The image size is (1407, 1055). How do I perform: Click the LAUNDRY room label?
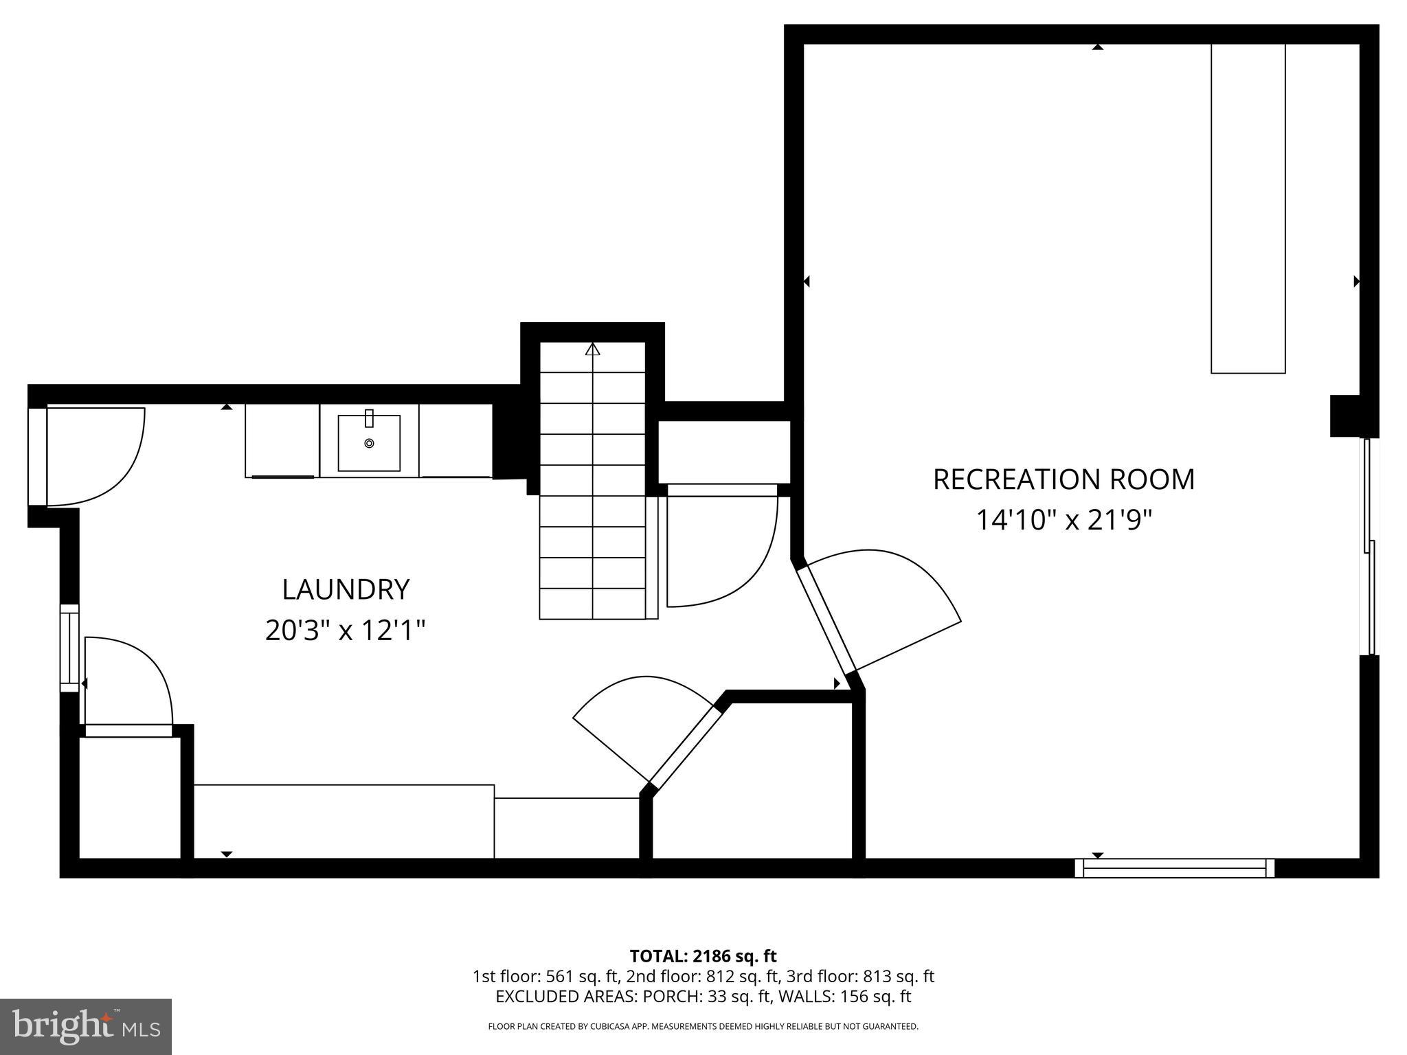[x=346, y=589]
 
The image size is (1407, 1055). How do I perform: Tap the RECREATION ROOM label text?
[x=1063, y=479]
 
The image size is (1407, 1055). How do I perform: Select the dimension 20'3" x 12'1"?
[x=346, y=630]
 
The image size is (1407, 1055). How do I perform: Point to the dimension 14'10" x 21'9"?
[x=1063, y=520]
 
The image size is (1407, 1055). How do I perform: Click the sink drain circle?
[x=369, y=444]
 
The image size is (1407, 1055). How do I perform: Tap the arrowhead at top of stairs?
[x=592, y=349]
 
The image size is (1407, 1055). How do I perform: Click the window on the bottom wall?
[x=1174, y=868]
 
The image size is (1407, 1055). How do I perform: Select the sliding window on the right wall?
[x=1369, y=546]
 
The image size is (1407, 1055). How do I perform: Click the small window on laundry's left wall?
[x=69, y=648]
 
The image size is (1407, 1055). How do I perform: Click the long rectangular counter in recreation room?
[x=1248, y=208]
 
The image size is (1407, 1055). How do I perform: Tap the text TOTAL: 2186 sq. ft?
[x=703, y=956]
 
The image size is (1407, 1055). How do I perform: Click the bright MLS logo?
[x=86, y=1027]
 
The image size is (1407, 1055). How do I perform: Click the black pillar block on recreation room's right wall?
[x=1344, y=416]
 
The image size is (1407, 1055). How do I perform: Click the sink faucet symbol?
[x=369, y=418]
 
